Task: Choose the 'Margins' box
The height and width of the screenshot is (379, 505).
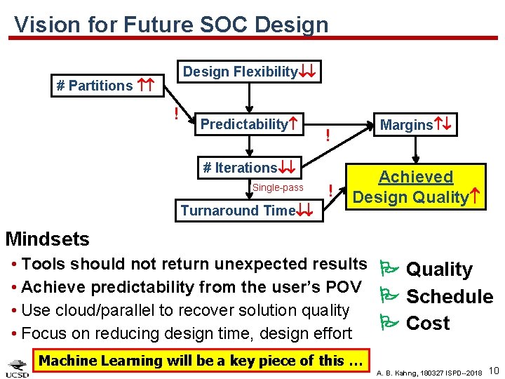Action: (x=415, y=125)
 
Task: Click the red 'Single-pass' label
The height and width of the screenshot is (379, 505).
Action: (x=278, y=187)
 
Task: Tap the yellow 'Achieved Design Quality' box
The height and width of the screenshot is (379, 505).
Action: (x=416, y=187)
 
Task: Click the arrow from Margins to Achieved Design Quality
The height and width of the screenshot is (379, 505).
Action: (x=416, y=149)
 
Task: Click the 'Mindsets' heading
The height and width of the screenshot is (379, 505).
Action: (x=48, y=239)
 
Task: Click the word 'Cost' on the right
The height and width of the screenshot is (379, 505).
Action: (x=428, y=324)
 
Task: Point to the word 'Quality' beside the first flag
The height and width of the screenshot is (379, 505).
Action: (x=439, y=270)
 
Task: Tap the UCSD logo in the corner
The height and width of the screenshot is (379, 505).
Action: (x=17, y=367)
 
